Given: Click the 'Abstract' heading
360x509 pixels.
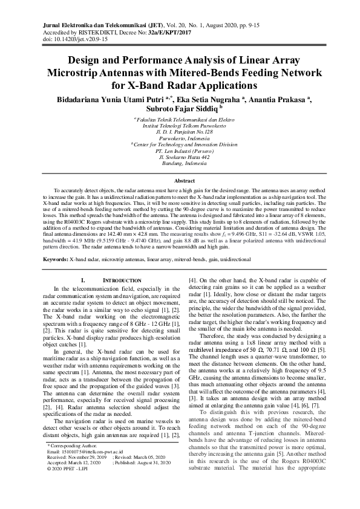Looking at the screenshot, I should (180, 181).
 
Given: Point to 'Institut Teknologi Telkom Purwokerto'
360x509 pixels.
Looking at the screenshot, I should (180, 127).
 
